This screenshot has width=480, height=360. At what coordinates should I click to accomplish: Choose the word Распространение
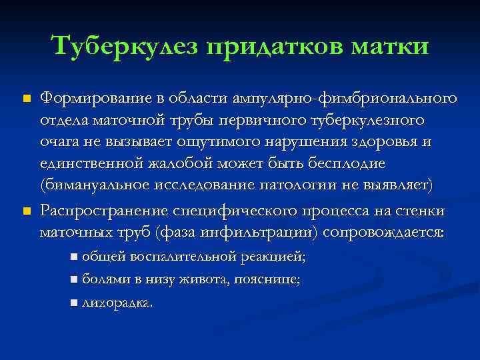104,212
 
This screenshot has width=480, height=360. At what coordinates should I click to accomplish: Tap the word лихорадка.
117,303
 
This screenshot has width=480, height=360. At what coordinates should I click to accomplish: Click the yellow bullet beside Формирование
27,99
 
